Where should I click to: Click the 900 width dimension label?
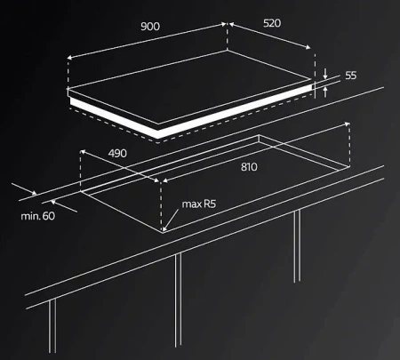point(150,27)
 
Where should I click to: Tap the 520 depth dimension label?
point(272,23)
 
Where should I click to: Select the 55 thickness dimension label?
point(351,76)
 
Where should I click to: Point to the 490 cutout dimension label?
point(117,154)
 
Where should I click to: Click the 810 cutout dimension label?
point(249,167)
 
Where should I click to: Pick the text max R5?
point(199,204)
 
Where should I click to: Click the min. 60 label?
point(38,216)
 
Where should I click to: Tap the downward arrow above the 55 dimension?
point(325,74)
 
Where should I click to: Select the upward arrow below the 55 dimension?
point(325,92)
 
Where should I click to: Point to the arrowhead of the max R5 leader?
point(164,228)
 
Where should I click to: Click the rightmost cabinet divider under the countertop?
point(297,246)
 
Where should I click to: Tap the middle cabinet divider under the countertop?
point(178,300)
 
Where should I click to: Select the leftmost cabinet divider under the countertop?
point(52,326)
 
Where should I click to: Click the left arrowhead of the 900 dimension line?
point(69,58)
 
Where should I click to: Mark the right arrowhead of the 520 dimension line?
point(308,47)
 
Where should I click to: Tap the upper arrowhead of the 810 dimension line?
point(347,124)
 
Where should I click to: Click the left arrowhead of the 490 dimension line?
point(83,152)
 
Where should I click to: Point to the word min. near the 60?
point(30,216)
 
